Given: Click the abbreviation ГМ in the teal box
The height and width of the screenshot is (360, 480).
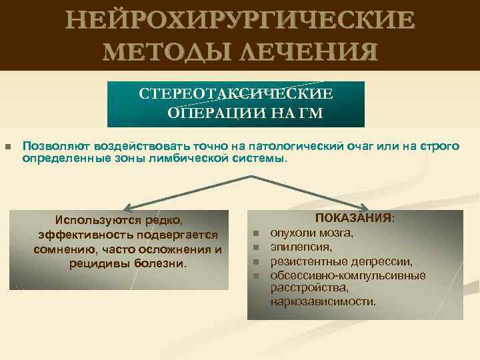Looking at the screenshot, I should pos(309,112).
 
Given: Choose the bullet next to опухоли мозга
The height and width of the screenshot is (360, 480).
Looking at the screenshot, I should pos(255,234).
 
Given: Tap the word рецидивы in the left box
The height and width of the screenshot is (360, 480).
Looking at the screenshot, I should pos(93,263).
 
